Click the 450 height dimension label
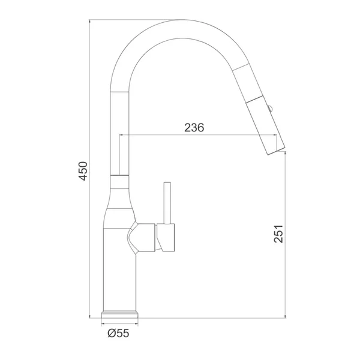point(83,171)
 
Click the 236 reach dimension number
point(194,128)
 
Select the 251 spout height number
point(278,233)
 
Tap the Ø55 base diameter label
point(118,333)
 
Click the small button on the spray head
point(270,108)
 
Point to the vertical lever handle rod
point(167,203)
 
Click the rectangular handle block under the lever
point(166,238)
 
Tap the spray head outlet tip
point(277,150)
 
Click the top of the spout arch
point(181,20)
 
